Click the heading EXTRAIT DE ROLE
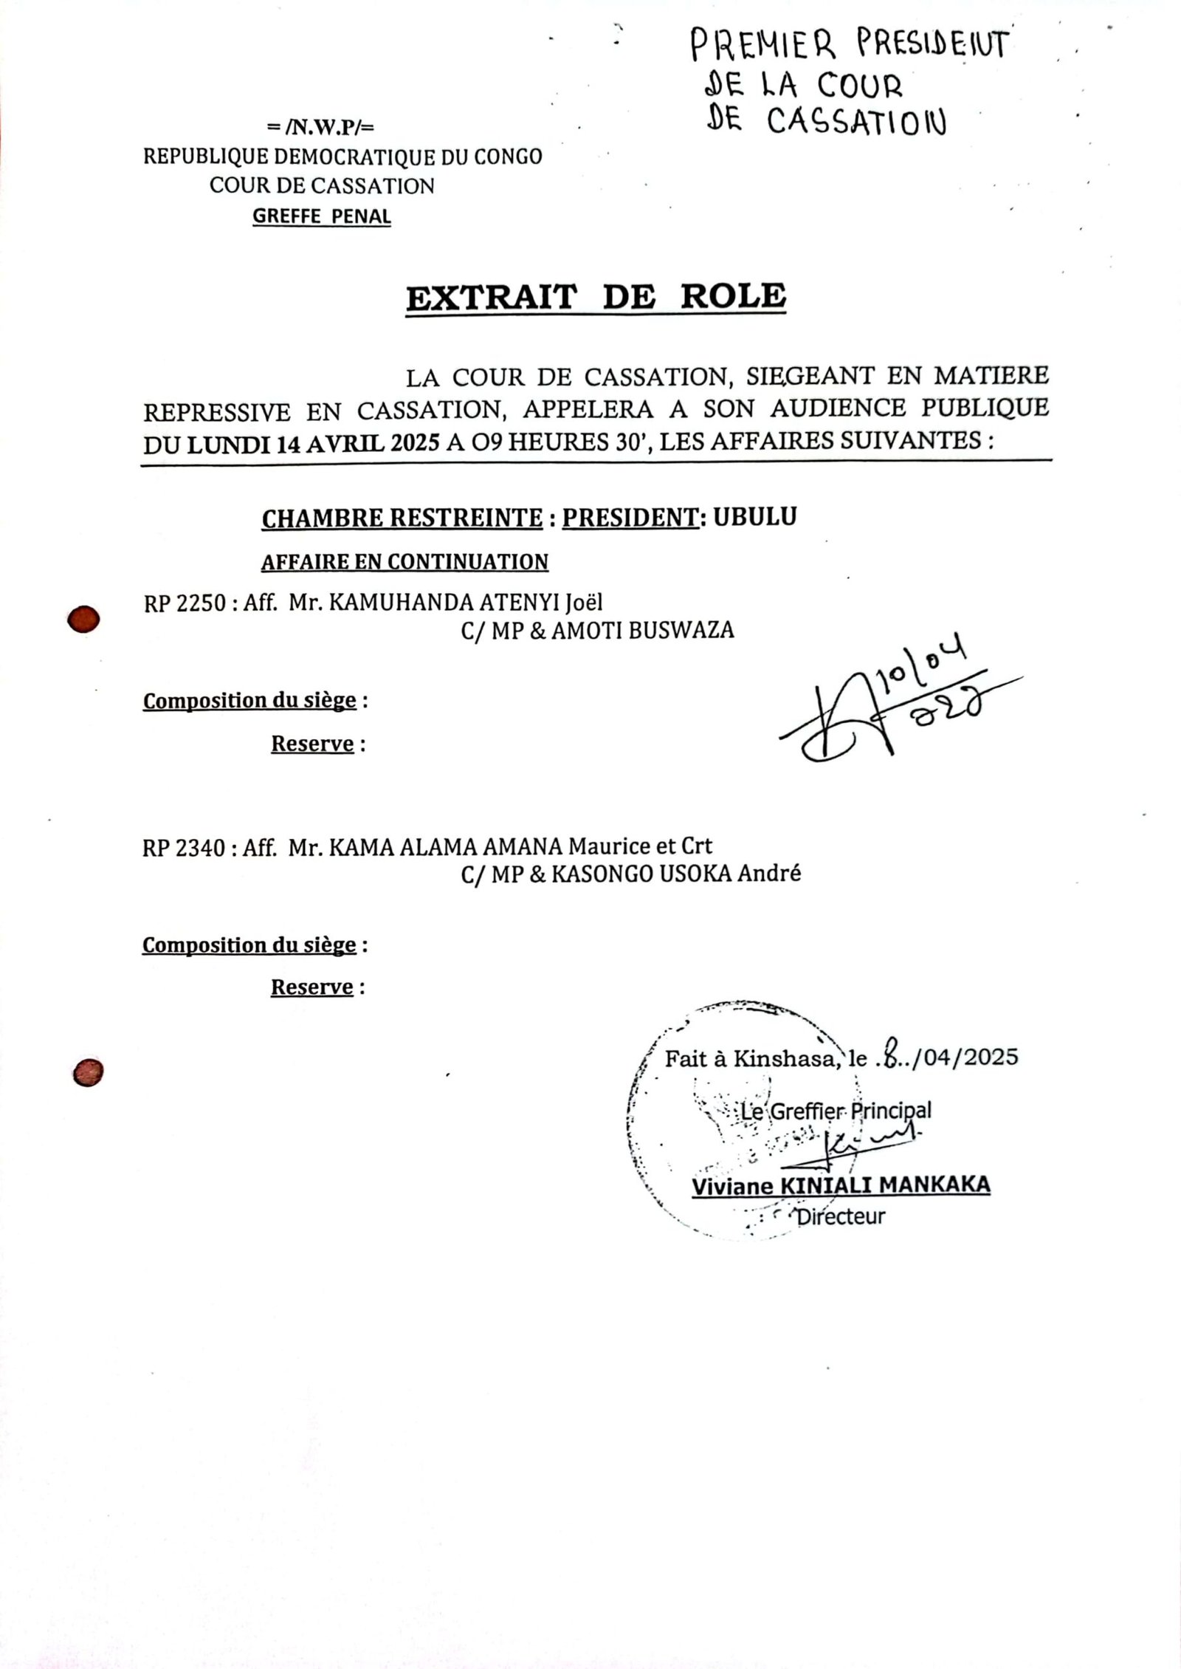point(596,297)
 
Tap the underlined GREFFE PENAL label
point(322,216)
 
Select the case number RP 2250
point(184,603)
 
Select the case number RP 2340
point(183,846)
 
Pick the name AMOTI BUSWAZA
point(642,630)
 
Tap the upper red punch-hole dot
point(83,619)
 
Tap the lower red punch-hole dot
point(87,1072)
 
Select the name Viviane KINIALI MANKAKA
point(841,1186)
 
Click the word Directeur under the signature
point(840,1216)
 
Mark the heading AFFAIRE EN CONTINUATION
point(404,562)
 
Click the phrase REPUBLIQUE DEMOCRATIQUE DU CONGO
point(342,157)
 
